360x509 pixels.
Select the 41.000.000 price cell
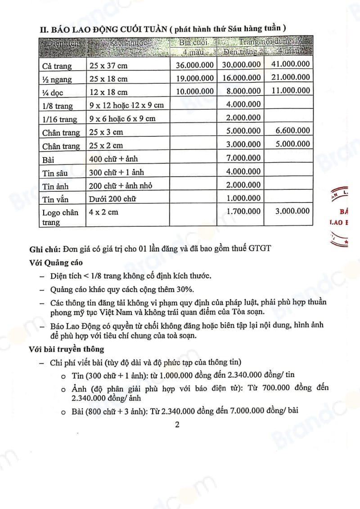[291, 64]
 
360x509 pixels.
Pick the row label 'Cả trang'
[57, 66]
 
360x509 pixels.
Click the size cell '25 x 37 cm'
[108, 66]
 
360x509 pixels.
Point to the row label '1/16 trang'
[60, 119]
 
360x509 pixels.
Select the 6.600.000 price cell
[291, 131]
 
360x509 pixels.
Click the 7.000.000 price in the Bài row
[242, 158]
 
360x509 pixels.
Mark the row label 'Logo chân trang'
[60, 217]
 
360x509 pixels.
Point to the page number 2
[177, 424]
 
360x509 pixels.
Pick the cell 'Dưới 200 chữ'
[112, 198]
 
